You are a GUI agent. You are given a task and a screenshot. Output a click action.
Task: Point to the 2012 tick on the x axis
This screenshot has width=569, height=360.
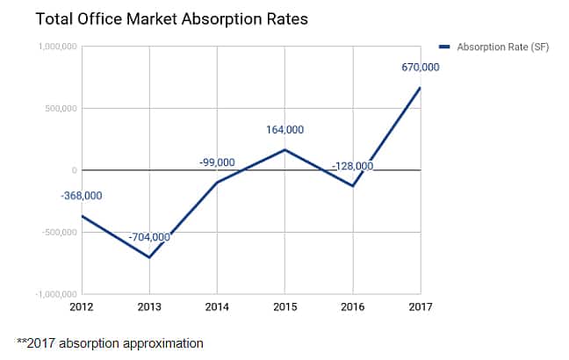82,306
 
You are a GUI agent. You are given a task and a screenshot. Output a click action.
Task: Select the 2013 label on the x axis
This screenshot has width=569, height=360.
149,306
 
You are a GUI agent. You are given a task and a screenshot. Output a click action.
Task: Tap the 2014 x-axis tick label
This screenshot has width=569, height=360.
217,306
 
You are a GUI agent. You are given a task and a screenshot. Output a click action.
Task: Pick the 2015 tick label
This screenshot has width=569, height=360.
284,306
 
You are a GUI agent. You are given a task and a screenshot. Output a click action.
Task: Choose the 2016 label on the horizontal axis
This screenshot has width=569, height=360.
352,306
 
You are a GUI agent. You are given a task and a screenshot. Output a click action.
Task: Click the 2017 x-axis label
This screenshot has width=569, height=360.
420,306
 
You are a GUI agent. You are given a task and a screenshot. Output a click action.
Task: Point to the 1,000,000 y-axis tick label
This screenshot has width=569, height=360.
54,47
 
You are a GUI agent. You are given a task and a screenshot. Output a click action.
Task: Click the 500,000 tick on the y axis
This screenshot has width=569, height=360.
59,109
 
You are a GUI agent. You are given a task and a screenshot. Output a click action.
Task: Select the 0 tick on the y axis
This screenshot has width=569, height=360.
74,170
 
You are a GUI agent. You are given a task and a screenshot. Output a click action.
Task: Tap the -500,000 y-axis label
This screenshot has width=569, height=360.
57,233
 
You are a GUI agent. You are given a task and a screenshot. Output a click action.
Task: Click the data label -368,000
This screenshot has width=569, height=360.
82,196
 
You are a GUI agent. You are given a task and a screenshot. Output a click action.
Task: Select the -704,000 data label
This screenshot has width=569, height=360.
150,237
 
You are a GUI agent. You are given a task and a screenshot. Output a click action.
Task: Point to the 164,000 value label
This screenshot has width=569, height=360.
285,130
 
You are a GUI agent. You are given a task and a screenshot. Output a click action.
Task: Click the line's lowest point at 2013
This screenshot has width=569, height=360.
149,257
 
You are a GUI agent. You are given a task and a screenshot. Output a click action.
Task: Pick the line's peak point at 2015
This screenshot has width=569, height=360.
284,150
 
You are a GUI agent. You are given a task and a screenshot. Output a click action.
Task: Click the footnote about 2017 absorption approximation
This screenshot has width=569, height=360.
110,342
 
